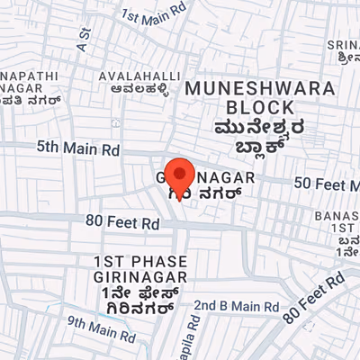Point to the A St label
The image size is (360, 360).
pos(85,37)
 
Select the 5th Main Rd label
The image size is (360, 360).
pos(77,146)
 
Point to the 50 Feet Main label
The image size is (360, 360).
pos(327,183)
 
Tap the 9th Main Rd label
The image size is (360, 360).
pos(101,330)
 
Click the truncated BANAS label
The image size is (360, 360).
pos(337,217)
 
